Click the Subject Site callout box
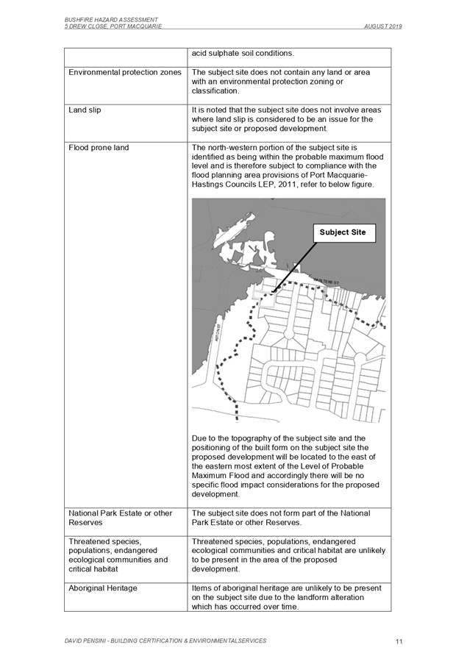[342, 232]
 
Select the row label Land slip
[85, 110]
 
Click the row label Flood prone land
[98, 148]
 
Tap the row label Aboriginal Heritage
[102, 588]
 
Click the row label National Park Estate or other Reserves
[120, 518]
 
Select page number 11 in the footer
[398, 642]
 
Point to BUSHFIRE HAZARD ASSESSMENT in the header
[111, 18]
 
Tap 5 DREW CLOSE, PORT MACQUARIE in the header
[113, 26]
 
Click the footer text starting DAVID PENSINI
[165, 641]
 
